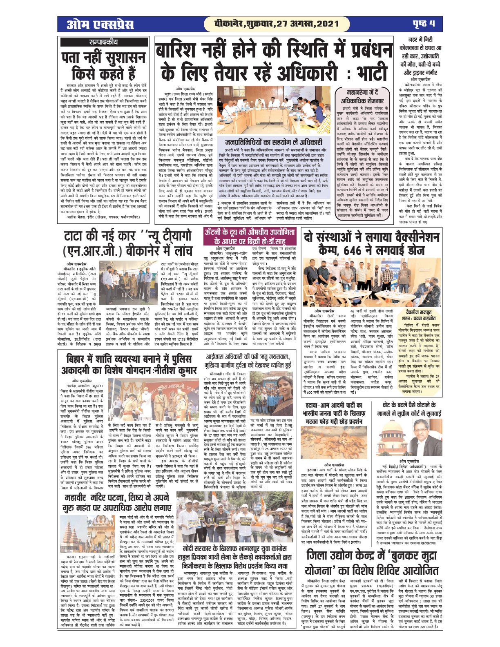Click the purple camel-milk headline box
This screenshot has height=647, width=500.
pos(250,237)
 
